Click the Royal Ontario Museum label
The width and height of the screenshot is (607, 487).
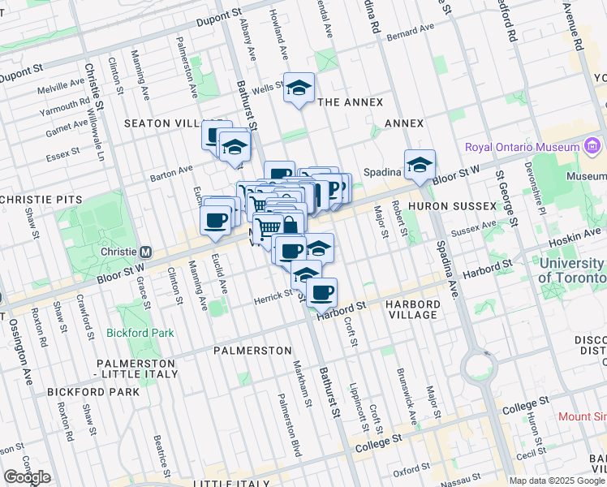(521, 147)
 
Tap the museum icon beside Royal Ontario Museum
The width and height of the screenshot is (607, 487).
(592, 147)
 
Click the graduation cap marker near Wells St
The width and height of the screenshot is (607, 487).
(299, 88)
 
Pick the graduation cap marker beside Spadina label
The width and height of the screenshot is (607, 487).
(420, 164)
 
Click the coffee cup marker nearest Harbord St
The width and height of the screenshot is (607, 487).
(322, 293)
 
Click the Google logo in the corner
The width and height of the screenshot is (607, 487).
(27, 476)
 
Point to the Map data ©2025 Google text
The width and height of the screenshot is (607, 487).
(557, 481)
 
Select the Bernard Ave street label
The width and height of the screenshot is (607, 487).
(411, 32)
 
